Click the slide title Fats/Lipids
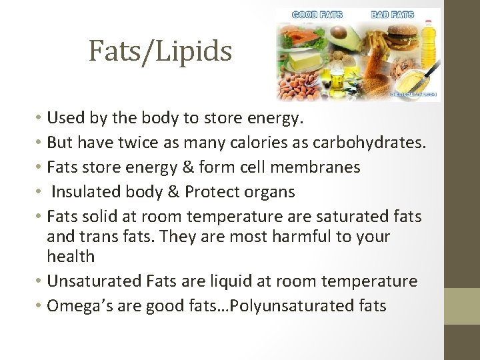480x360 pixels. tap(160, 51)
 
